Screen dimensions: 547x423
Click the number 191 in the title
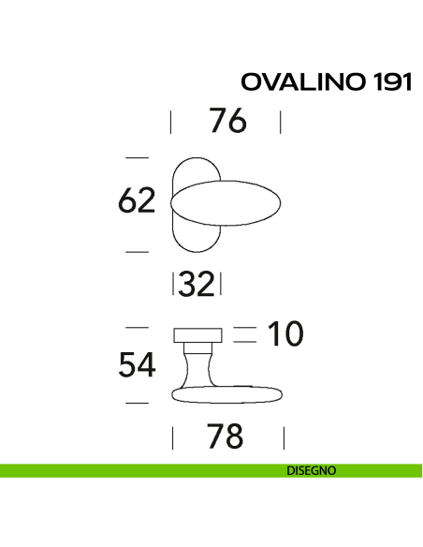pyautogui.click(x=391, y=82)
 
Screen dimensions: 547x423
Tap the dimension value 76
pyautogui.click(x=226, y=122)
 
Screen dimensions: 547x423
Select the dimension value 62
pyautogui.click(x=137, y=201)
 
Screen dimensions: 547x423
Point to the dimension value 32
pyautogui.click(x=197, y=284)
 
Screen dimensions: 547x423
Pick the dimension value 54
pyautogui.click(x=137, y=366)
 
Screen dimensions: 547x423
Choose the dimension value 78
pyautogui.click(x=225, y=436)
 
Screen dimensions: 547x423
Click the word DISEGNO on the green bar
pyautogui.click(x=312, y=471)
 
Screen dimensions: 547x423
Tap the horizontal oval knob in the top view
pyautogui.click(x=229, y=203)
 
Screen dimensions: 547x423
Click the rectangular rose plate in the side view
pyautogui.click(x=197, y=335)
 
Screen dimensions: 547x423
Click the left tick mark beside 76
pyautogui.click(x=171, y=122)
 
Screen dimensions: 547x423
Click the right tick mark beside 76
pyautogui.click(x=281, y=122)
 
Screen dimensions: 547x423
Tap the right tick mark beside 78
pyautogui.click(x=283, y=437)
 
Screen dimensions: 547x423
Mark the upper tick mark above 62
pyautogui.click(x=137, y=156)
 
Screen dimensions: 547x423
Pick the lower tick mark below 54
pyautogui.click(x=137, y=402)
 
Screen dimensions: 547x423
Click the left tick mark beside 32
pyautogui.click(x=175, y=284)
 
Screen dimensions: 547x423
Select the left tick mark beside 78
pyautogui.click(x=172, y=437)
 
